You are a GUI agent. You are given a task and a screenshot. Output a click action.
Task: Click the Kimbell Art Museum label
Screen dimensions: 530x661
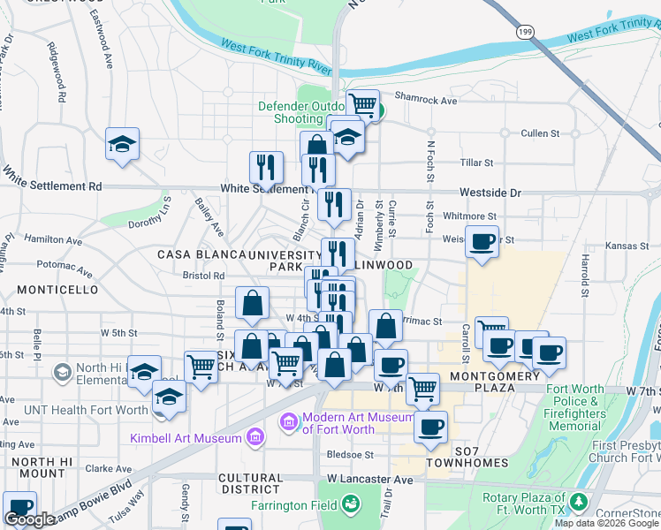tap(185, 438)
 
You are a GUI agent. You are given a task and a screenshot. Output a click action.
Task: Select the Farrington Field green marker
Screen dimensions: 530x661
tap(353, 504)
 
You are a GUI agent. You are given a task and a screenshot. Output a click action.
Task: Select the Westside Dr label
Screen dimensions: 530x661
tap(490, 192)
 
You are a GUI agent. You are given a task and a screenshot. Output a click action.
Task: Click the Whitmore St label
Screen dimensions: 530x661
tap(469, 216)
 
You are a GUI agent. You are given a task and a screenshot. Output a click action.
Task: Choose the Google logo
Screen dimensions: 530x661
tap(29, 519)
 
